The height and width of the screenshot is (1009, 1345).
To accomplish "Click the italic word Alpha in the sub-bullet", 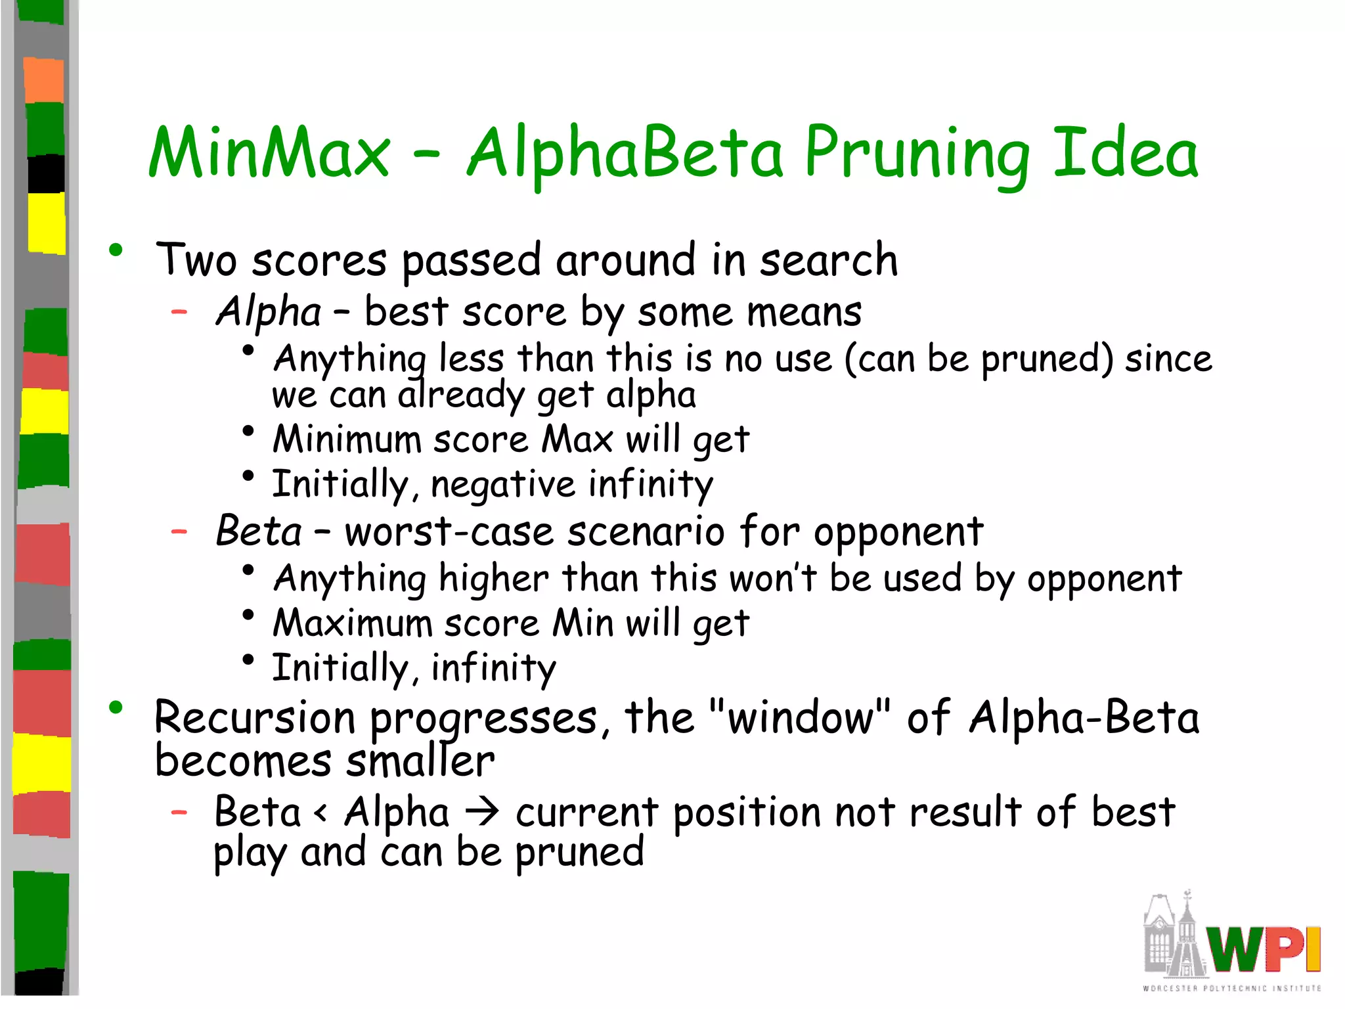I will click(269, 311).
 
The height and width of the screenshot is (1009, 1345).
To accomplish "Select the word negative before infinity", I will click(502, 485).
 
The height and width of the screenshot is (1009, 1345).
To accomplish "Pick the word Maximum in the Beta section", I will click(352, 623).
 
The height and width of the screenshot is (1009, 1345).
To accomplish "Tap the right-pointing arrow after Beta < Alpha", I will click(482, 813).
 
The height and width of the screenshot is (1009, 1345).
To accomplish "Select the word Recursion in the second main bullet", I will click(254, 717).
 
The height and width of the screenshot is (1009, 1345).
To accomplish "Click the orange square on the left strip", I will click(44, 80).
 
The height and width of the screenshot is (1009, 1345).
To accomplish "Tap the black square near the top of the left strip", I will click(46, 173).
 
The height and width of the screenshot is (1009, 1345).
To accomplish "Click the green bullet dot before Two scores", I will click(116, 250).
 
